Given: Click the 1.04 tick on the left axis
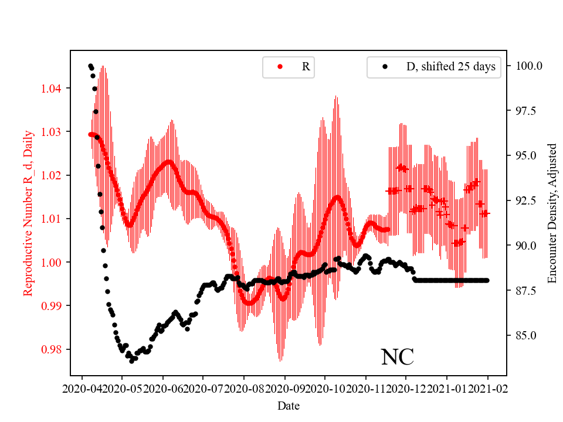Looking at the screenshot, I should [51, 89].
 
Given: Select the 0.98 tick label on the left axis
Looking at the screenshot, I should [51, 349].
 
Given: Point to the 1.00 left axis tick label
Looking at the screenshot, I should [51, 263].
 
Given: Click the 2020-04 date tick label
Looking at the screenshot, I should [82, 388].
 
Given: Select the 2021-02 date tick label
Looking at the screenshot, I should [487, 388].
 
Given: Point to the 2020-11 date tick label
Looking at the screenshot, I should [365, 388].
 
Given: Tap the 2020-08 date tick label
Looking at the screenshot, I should [244, 388].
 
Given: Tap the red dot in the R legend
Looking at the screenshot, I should [280, 67].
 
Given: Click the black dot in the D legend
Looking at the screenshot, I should [385, 67].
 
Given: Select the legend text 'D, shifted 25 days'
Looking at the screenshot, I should [450, 67].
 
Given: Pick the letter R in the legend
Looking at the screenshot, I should [306, 67].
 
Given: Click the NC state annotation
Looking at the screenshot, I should [397, 357].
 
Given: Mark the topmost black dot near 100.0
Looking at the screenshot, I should [90, 66].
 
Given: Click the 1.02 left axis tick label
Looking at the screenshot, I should [51, 175].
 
